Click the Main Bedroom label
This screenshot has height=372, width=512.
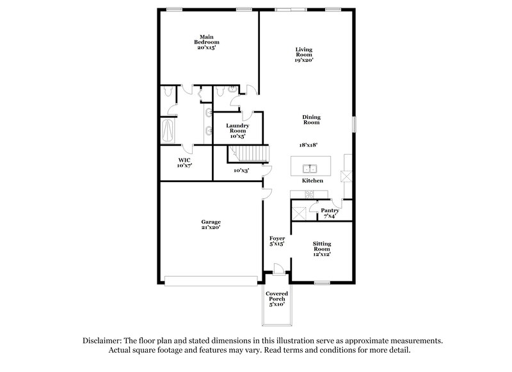point(206,42)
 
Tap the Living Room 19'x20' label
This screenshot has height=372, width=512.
point(304,54)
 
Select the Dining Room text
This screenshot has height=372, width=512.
point(312,120)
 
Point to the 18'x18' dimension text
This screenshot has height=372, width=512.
point(311,146)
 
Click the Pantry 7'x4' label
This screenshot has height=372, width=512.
point(330,213)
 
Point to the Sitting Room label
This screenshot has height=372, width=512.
point(321,249)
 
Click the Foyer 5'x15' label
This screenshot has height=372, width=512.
point(276,241)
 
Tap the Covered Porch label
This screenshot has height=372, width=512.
point(276,298)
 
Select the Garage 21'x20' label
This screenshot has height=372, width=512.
point(212,224)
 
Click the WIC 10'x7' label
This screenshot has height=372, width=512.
point(184,162)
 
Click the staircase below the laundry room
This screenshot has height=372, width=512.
point(248,153)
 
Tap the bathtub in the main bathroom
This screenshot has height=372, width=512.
point(169,131)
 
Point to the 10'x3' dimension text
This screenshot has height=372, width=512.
point(241,171)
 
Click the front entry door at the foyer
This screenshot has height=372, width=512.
point(276,268)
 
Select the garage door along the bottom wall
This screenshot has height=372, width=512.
point(211,279)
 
